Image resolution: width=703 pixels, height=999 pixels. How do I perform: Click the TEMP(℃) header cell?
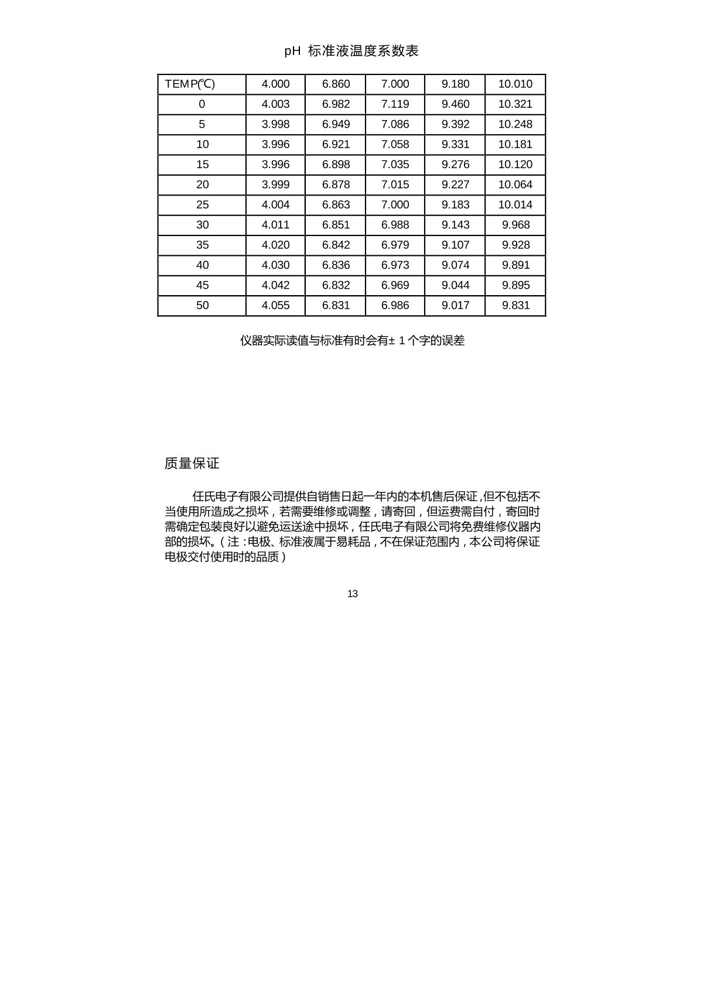190,84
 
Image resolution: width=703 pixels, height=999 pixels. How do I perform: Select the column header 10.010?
515,84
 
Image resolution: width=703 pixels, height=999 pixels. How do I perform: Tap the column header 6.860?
336,84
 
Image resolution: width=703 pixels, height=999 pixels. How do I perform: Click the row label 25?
202,205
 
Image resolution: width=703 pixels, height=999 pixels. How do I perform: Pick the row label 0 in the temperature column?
202,104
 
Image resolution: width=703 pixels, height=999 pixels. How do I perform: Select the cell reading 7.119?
395,104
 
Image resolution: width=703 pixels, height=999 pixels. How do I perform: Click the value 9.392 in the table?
455,124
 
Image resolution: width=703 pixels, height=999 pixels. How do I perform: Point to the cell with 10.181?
515,145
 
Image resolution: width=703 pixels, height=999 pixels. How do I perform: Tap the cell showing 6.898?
336,165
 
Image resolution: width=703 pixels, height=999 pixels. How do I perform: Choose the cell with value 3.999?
275,184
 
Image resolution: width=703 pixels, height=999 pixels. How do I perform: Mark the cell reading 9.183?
455,205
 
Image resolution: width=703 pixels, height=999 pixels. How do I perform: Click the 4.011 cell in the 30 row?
275,225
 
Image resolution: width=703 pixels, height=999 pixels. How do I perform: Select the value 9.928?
516,245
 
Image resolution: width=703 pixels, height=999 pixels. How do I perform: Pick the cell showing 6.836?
336,265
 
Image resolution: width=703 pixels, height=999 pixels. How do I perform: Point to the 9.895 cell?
516,285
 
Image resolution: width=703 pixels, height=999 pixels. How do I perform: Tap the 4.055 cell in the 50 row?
275,305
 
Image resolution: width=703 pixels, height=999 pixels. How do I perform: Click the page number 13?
352,594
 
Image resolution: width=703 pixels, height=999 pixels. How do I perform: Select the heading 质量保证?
192,463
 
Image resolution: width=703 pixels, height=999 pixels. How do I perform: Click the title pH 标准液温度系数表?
351,51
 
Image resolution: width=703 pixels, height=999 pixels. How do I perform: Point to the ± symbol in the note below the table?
391,341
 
